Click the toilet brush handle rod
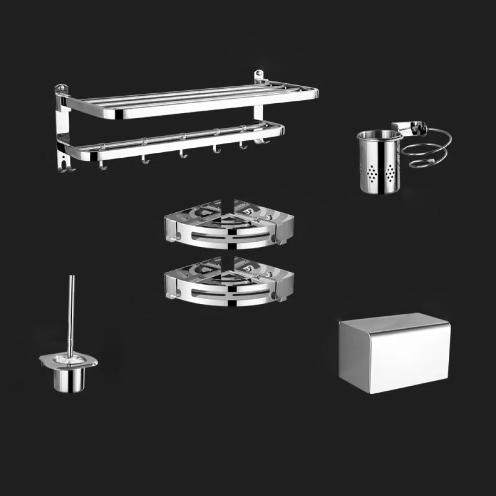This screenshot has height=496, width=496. pyautogui.click(x=71, y=312)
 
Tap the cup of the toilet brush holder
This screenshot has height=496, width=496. pyautogui.click(x=69, y=380)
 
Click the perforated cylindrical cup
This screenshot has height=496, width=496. pyautogui.click(x=379, y=166)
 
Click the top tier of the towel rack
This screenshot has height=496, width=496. pyautogui.click(x=188, y=102)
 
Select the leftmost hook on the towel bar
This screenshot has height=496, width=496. pyautogui.click(x=103, y=166)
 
